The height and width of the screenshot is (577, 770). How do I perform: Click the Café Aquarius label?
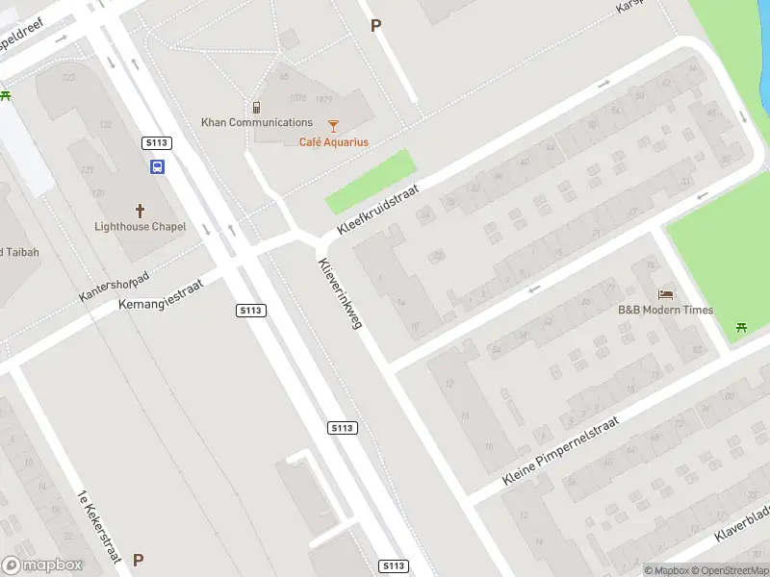[x=333, y=142]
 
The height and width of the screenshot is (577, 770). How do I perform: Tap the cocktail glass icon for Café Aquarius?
[x=333, y=125]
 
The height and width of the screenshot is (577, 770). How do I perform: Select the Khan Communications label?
[x=257, y=122]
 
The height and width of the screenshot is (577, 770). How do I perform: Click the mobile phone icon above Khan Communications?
[x=257, y=107]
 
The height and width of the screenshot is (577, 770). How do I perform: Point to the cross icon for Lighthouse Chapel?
[x=140, y=210]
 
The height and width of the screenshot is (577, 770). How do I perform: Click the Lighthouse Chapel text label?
[x=140, y=227]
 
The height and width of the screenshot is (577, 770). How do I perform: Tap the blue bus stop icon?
[x=156, y=166]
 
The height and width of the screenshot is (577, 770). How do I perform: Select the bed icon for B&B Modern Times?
[x=665, y=293]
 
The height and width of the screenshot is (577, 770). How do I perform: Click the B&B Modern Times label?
[x=665, y=310]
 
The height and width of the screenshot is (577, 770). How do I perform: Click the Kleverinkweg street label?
[x=339, y=294]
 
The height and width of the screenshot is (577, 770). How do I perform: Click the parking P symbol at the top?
[x=375, y=26]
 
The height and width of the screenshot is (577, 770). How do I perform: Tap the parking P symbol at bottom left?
[x=138, y=560]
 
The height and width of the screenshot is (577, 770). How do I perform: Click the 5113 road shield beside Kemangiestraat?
[x=250, y=310]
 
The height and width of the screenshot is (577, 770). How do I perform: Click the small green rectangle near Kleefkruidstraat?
[x=372, y=181]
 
